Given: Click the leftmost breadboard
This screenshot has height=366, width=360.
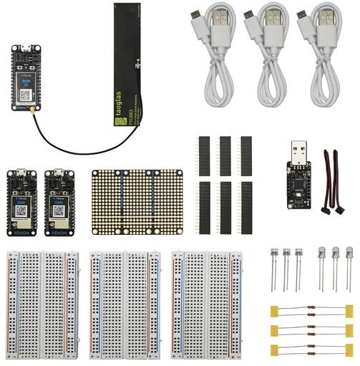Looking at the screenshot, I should point(43,304).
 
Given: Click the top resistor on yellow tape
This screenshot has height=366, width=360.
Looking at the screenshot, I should point(311,310).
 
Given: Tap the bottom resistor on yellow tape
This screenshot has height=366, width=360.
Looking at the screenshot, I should point(311,350).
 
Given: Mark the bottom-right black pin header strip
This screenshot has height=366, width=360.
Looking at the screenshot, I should point(246,207).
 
